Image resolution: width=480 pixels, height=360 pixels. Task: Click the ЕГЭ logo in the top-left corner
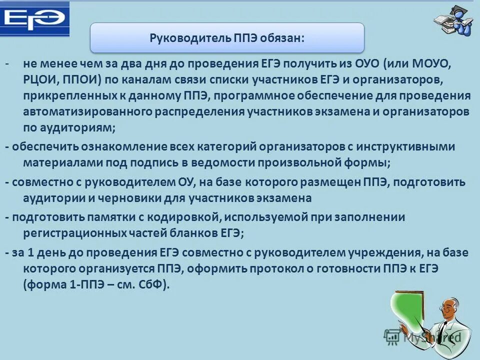tap(34, 19)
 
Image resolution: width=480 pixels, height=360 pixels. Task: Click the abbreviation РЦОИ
tap(40, 80)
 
